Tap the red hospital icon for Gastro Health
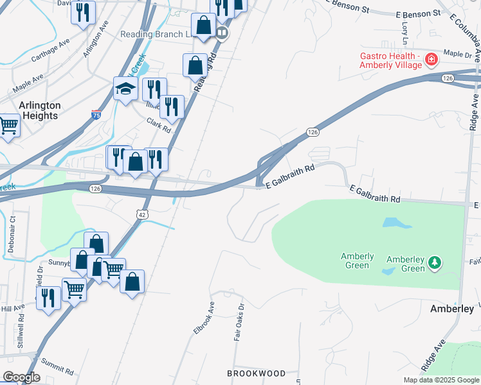(x=431, y=60)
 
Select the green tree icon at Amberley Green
(x=435, y=262)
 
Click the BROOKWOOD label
(x=257, y=373)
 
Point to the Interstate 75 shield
(x=96, y=115)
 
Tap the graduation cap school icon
(x=125, y=90)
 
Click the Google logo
(x=21, y=377)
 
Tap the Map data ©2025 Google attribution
(x=440, y=380)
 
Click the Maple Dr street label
(x=457, y=56)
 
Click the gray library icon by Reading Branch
(x=222, y=33)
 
